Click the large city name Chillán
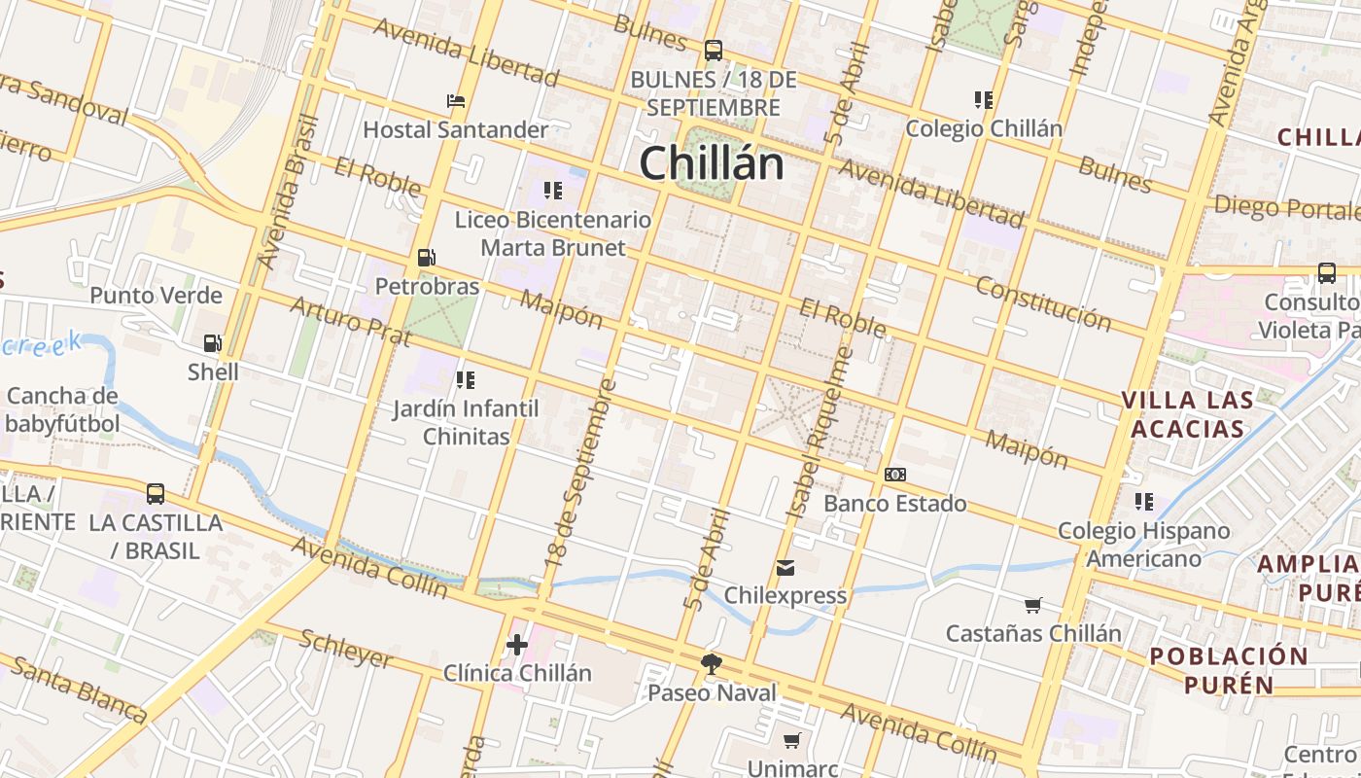click(x=712, y=162)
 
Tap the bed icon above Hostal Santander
click(x=455, y=101)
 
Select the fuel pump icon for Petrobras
click(x=426, y=258)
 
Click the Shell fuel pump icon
click(x=212, y=342)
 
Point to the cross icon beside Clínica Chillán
click(x=517, y=644)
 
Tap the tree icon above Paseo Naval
click(x=712, y=663)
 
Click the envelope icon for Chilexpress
click(x=785, y=567)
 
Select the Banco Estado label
click(x=894, y=503)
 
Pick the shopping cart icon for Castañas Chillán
click(x=1032, y=605)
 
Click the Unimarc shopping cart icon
click(x=792, y=741)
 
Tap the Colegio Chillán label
click(x=984, y=128)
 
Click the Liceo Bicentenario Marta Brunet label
click(x=553, y=233)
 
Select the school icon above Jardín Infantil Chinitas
click(x=465, y=379)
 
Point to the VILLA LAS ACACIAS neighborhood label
click(x=1186, y=414)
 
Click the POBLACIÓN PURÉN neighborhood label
click(x=1229, y=669)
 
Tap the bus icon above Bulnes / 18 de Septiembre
click(x=714, y=50)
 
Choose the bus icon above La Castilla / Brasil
click(x=156, y=493)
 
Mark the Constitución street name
click(x=1043, y=301)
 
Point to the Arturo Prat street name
click(x=350, y=322)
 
